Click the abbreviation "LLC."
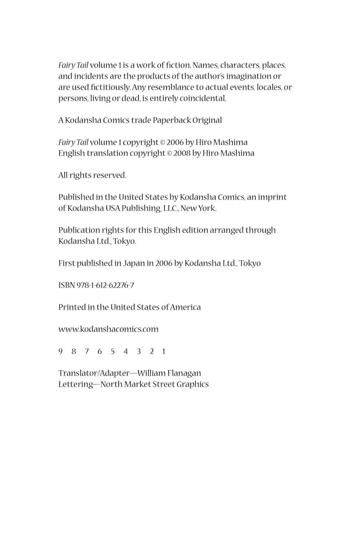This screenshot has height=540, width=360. [x=171, y=208]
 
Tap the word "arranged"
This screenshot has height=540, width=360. [x=226, y=230]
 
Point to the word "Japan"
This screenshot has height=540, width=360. [x=134, y=263]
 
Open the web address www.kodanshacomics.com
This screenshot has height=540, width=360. [x=108, y=329]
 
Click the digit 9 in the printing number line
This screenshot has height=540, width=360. [x=60, y=351]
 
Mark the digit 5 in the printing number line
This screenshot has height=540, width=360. [x=112, y=351]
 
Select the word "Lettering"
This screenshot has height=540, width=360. [x=76, y=384]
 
